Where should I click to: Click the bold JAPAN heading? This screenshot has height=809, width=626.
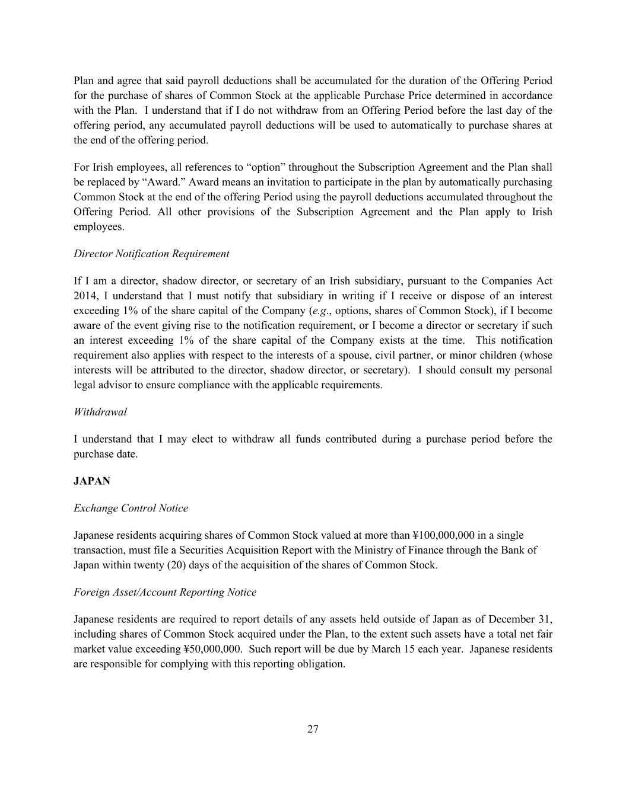coord(92,481)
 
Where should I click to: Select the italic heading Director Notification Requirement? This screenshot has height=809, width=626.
coord(151,254)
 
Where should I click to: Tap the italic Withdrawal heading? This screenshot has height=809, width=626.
coord(100,412)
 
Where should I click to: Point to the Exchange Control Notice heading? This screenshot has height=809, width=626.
coord(131,509)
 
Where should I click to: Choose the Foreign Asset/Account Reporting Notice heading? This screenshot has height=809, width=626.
coord(165,593)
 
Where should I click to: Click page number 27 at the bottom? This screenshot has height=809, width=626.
coord(313,730)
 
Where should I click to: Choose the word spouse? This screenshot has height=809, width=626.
coord(372,355)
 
